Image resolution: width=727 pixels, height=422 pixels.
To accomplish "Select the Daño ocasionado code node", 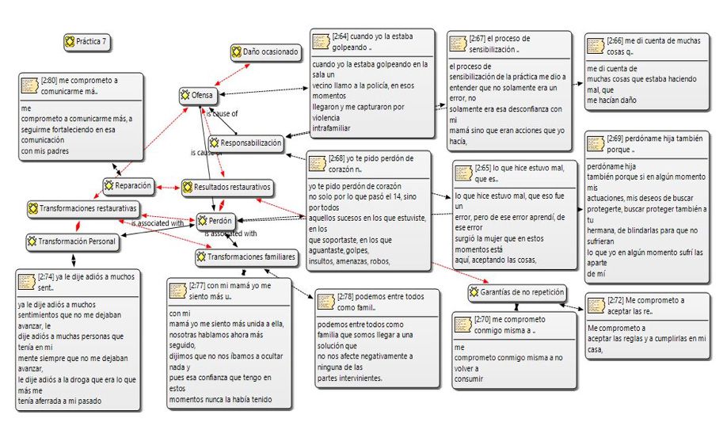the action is pos(265,52).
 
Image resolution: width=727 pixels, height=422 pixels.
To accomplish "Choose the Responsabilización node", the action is pos(245,143).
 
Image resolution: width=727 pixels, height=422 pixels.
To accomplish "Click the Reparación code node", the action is pos(128,186).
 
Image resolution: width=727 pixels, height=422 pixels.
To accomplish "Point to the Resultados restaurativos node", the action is pos(226,188).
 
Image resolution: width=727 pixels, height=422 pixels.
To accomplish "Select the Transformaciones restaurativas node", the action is pos(82,209).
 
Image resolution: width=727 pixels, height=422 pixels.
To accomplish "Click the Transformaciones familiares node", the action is pos(246,257).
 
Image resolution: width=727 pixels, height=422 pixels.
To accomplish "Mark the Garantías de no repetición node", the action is pos(516,293).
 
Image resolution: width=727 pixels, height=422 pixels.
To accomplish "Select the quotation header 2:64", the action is pos(372,41).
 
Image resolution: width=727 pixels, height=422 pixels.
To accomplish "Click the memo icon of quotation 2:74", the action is pos(29,282).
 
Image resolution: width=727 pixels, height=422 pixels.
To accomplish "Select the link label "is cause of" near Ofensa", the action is pos(222,114).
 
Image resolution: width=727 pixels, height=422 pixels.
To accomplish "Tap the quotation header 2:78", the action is pos(378,302).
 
